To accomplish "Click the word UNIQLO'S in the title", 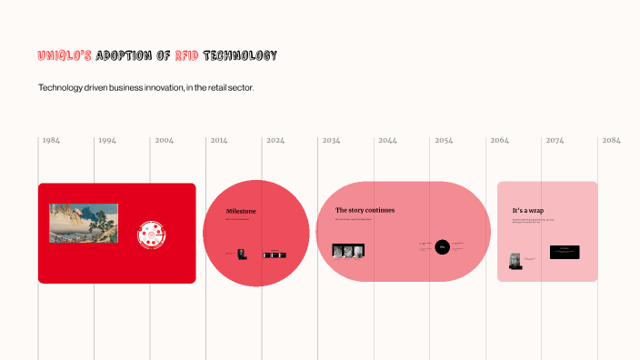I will (65, 55).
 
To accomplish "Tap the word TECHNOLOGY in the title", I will (241, 55).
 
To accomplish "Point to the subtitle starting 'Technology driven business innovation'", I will (145, 88).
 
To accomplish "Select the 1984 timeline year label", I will (52, 141).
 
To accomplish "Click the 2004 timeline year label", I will (165, 141).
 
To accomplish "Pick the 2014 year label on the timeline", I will (219, 141).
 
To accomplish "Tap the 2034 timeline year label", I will (332, 141).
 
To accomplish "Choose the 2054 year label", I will (444, 141).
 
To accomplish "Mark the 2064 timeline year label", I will (500, 141).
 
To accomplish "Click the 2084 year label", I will (611, 141).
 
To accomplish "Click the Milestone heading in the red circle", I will (241, 211).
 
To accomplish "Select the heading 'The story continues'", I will (365, 210).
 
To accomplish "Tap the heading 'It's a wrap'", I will (528, 211).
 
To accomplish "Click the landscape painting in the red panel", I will (84, 223).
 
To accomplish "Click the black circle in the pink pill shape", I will (442, 246).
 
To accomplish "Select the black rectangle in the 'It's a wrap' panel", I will (565, 252).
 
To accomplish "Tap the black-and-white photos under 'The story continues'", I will (348, 250).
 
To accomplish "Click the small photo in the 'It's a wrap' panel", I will (515, 260).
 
